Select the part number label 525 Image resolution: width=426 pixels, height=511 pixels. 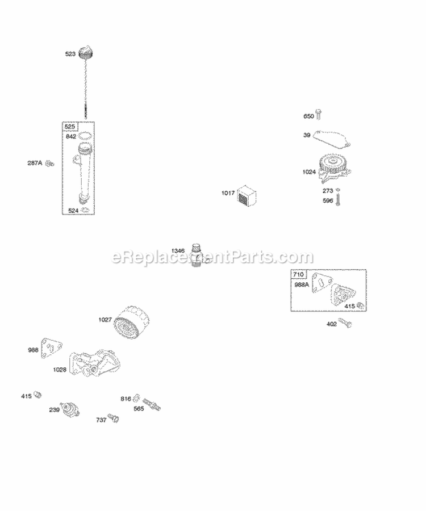[70, 127]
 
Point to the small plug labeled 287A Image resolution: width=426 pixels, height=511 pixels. [49, 164]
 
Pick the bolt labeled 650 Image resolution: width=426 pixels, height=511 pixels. [319, 116]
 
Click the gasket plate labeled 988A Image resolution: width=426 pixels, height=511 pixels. [323, 287]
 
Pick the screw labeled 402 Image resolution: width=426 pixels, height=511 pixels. [346, 324]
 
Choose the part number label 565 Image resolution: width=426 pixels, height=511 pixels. [139, 408]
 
